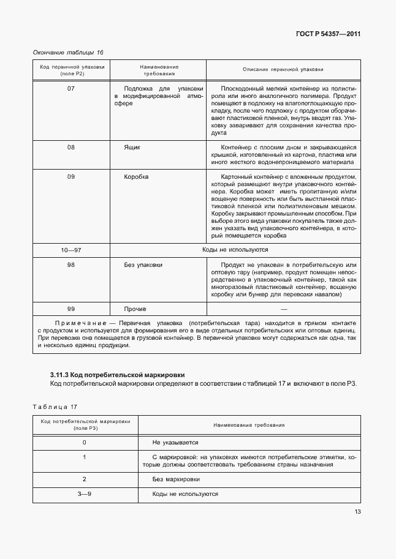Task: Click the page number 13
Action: (357, 512)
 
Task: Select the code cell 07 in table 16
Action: (71, 89)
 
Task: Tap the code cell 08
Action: (71, 148)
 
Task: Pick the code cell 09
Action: (71, 177)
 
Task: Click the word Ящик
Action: (132, 148)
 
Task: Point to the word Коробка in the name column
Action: (136, 177)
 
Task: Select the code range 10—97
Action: (71, 250)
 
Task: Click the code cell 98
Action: (71, 265)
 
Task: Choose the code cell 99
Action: (71, 309)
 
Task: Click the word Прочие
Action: (135, 309)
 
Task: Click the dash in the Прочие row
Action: (283, 309)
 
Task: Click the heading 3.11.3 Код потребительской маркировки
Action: (117, 374)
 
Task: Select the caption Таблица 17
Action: (55, 406)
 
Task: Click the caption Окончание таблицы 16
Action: (68, 52)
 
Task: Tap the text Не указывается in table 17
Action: (175, 442)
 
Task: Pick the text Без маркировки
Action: (176, 479)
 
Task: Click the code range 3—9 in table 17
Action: (84, 493)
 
